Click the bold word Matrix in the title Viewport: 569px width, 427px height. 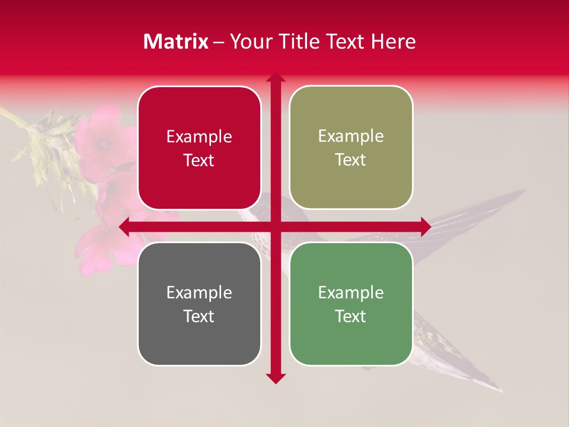click(x=175, y=42)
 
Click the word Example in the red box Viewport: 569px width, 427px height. click(x=199, y=137)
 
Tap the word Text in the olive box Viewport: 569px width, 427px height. click(x=351, y=160)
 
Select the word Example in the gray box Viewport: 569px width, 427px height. click(x=199, y=292)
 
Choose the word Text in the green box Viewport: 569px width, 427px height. click(x=351, y=316)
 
